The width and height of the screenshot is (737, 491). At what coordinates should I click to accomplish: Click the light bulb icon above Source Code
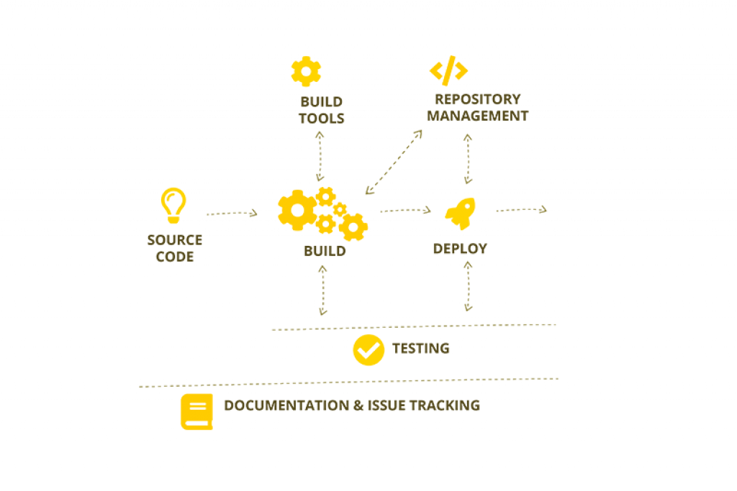(x=173, y=205)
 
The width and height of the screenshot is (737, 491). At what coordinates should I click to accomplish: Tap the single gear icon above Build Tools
(x=306, y=71)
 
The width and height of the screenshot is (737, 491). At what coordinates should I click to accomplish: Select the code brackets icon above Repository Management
(x=448, y=70)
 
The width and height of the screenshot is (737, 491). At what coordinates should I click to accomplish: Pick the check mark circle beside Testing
(x=368, y=350)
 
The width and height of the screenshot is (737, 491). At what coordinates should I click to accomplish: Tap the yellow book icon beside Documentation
(x=196, y=411)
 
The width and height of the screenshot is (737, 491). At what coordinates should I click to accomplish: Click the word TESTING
(x=421, y=349)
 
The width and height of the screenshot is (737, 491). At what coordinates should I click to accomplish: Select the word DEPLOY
(x=460, y=249)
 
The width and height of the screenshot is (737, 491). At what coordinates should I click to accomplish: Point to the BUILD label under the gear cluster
(x=324, y=251)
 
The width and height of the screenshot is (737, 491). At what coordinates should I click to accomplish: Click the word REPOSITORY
(x=477, y=99)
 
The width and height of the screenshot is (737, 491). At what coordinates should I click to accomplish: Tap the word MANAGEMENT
(x=477, y=116)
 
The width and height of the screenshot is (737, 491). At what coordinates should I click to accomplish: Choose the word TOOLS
(x=321, y=118)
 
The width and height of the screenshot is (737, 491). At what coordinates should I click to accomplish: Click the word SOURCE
(x=174, y=239)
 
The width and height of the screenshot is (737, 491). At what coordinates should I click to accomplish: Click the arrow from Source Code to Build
(x=231, y=213)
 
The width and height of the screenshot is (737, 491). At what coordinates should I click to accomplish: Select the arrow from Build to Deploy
(x=404, y=210)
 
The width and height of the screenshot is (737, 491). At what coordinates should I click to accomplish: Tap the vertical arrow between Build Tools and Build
(x=320, y=155)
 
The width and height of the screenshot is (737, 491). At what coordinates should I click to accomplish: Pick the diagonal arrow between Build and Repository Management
(x=393, y=162)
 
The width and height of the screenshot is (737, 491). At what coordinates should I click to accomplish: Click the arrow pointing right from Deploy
(x=520, y=209)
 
